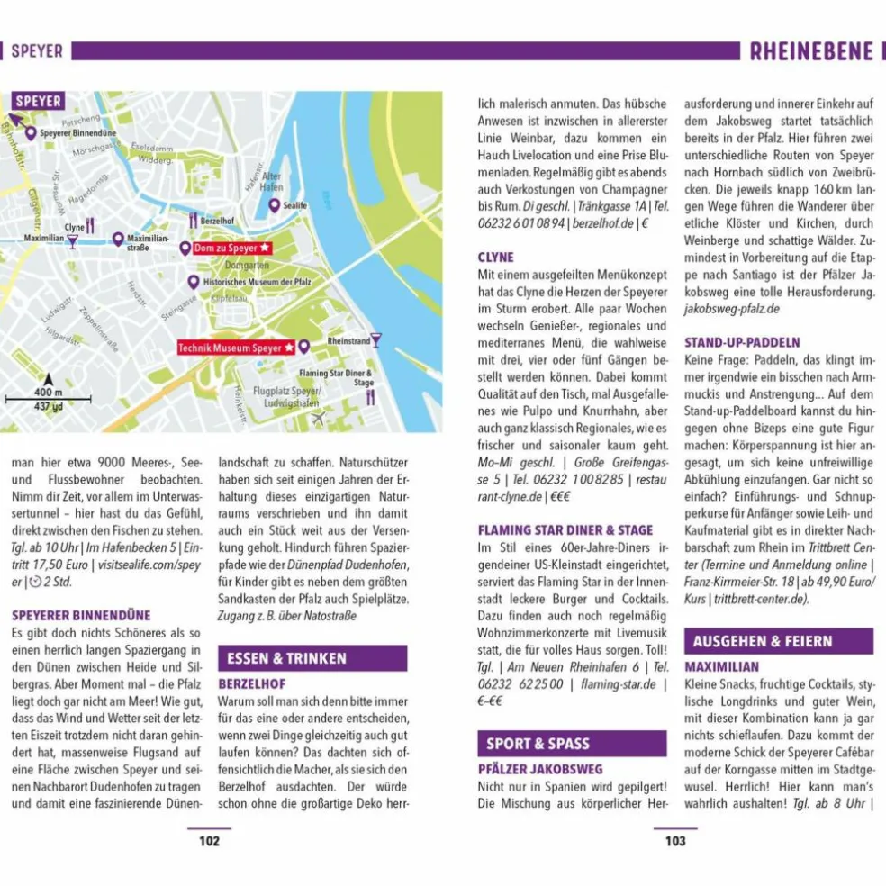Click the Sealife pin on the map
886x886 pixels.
[274, 205]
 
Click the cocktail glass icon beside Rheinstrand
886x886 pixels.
[375, 340]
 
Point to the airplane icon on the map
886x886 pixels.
[317, 418]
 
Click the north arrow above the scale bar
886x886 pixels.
[48, 381]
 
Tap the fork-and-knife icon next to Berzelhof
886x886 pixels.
[193, 219]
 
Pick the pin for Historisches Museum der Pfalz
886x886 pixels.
[193, 282]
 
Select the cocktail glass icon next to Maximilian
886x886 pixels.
[72, 240]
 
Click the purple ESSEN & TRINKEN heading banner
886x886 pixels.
[312, 658]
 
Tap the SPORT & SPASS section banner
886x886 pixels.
[571, 743]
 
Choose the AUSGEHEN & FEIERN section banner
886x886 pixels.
[778, 641]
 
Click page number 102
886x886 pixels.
[209, 841]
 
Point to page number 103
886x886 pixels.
[675, 841]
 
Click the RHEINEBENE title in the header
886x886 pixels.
[811, 51]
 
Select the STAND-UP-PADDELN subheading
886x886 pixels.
[742, 343]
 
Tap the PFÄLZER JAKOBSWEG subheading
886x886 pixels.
[540, 769]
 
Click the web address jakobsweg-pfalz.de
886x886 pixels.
[731, 309]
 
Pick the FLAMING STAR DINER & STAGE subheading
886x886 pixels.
[565, 530]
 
